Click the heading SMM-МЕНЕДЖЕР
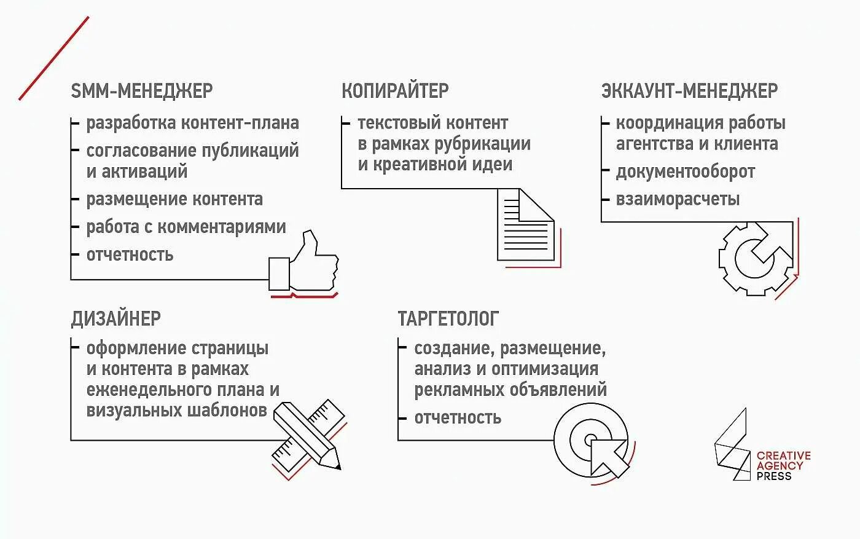pyautogui.click(x=142, y=91)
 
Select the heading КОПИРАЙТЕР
pyautogui.click(x=395, y=91)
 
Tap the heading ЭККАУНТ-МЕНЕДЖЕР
pyautogui.click(x=689, y=91)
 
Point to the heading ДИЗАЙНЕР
pyautogui.click(x=115, y=318)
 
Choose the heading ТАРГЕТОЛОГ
pyautogui.click(x=448, y=318)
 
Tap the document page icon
pyautogui.click(x=526, y=225)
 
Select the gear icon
pyautogui.click(x=756, y=258)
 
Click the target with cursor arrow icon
pyautogui.click(x=592, y=441)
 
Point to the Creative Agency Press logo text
pyautogui.click(x=783, y=465)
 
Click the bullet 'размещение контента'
pyautogui.click(x=174, y=199)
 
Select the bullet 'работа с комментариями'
pyautogui.click(x=186, y=227)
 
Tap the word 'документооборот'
pyautogui.click(x=685, y=171)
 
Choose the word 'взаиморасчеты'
pyautogui.click(x=678, y=199)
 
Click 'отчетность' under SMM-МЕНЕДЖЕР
pyautogui.click(x=130, y=254)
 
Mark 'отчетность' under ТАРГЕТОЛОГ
pyautogui.click(x=458, y=417)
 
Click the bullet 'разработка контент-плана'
pyautogui.click(x=192, y=123)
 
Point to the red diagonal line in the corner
pyautogui.click(x=54, y=58)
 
